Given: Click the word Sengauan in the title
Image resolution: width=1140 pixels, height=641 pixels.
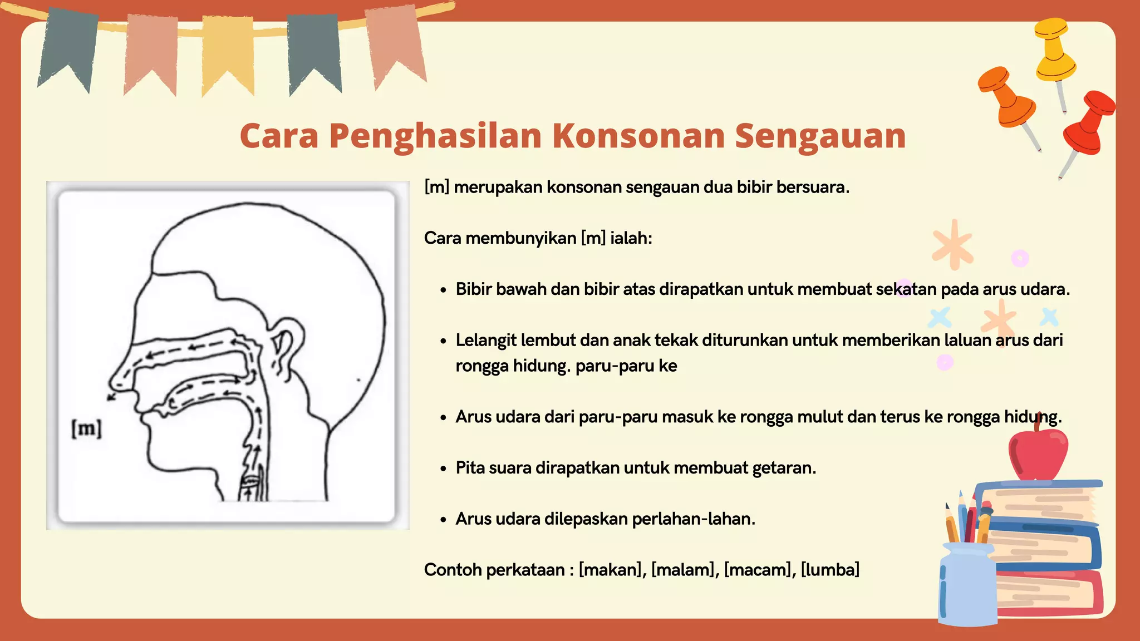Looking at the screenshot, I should (820, 136).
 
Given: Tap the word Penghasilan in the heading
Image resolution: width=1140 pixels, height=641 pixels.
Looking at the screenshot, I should (435, 136).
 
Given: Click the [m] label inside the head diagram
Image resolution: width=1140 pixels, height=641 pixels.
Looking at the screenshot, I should (87, 428).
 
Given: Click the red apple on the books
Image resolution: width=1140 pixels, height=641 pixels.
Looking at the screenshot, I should (1039, 453).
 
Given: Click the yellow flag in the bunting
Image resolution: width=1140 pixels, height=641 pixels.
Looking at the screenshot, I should (228, 53).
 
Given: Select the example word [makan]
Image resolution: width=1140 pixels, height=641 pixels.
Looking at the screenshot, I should (611, 570).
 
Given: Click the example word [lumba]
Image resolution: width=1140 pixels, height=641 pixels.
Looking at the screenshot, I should (830, 570).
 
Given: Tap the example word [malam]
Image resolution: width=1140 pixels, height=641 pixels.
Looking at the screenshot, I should (683, 570).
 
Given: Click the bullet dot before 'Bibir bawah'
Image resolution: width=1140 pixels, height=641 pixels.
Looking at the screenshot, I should (443, 290).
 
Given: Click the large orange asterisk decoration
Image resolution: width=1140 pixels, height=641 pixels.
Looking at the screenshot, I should (953, 245).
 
